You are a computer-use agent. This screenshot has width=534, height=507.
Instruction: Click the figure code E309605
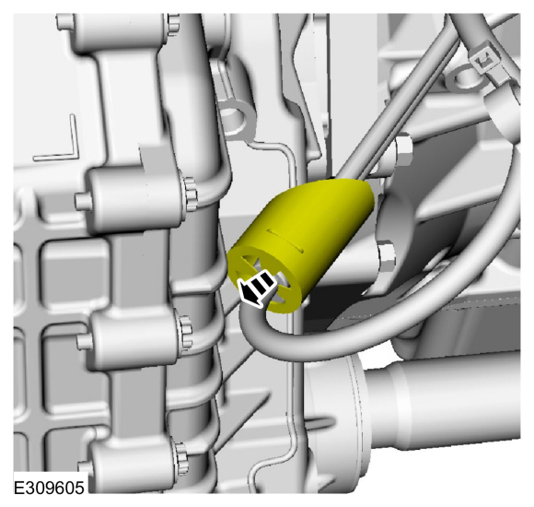click(x=49, y=488)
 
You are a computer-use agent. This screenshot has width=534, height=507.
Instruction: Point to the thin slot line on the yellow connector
click(x=285, y=241)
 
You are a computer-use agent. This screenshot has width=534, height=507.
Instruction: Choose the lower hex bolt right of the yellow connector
click(x=386, y=257)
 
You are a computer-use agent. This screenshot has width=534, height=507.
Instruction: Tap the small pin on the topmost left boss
click(x=64, y=22)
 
